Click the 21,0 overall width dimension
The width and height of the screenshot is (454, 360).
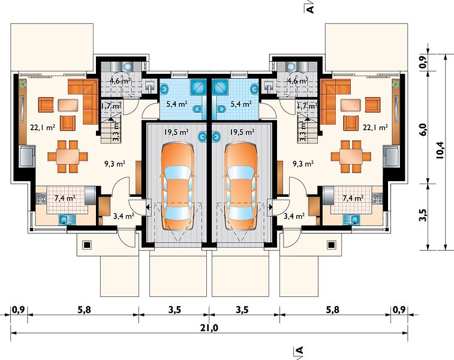209,328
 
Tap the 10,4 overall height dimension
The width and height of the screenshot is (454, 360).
439,150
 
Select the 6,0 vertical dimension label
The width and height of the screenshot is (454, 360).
423,129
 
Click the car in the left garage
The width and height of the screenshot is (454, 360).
177,186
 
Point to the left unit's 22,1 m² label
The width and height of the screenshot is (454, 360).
43,127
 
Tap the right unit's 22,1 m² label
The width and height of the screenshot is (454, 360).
375,127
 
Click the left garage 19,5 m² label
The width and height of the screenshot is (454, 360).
176,132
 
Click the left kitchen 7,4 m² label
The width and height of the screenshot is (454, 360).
65,199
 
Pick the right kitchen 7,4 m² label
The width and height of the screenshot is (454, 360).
353,199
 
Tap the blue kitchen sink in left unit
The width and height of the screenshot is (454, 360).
67,220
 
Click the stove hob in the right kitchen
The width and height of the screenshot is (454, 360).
377,199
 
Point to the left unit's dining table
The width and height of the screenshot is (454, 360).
67,157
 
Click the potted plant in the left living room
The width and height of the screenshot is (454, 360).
22,84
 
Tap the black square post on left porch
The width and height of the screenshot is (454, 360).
87,245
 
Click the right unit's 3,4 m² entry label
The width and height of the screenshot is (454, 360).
294,216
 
